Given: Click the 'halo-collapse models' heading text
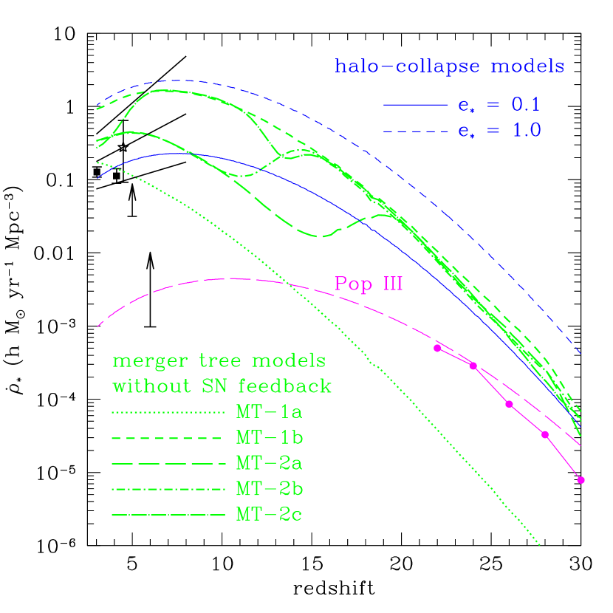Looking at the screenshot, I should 450,66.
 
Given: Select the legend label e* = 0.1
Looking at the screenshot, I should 499,106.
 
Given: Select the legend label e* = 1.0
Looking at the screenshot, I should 499,131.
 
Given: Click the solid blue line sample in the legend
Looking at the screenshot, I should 415,106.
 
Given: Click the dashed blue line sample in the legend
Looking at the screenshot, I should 415,131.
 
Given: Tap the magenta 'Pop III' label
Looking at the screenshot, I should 369,284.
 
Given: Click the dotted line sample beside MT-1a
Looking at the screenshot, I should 168,412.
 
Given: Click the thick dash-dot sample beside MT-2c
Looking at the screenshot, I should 168,515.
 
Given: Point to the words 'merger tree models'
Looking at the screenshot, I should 219,362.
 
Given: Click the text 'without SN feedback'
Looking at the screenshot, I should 222,386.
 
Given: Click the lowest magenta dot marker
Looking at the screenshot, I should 581,480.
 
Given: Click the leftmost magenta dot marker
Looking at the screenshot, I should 437,348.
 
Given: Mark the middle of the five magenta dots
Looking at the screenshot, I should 509,403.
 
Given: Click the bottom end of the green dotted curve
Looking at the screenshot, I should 541,546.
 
